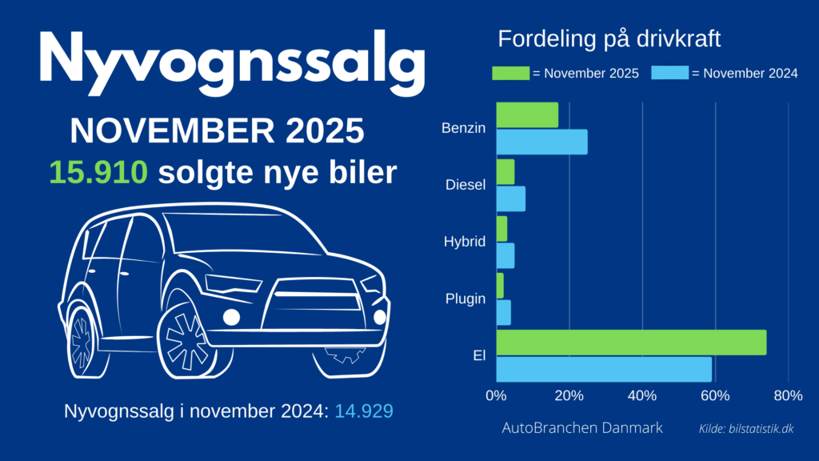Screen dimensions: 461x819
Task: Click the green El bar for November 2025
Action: point(631,343)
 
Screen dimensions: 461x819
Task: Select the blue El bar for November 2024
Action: point(604,369)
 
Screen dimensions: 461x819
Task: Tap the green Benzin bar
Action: point(527,115)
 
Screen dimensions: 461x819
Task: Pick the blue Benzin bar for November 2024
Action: point(541,142)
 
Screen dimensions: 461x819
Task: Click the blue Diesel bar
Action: point(511,199)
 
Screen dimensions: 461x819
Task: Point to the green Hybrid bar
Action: point(501,229)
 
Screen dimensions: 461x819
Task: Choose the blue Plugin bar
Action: point(504,313)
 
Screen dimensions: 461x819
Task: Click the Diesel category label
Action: point(465,185)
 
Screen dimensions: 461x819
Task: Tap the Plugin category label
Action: point(465,299)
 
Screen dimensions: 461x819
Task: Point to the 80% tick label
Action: point(788,395)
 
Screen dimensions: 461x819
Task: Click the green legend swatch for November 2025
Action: point(509,74)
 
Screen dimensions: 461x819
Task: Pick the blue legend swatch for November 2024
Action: point(669,74)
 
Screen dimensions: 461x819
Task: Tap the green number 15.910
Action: point(98,172)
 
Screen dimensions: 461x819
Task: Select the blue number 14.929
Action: point(364,411)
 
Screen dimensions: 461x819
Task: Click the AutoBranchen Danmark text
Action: point(582,428)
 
